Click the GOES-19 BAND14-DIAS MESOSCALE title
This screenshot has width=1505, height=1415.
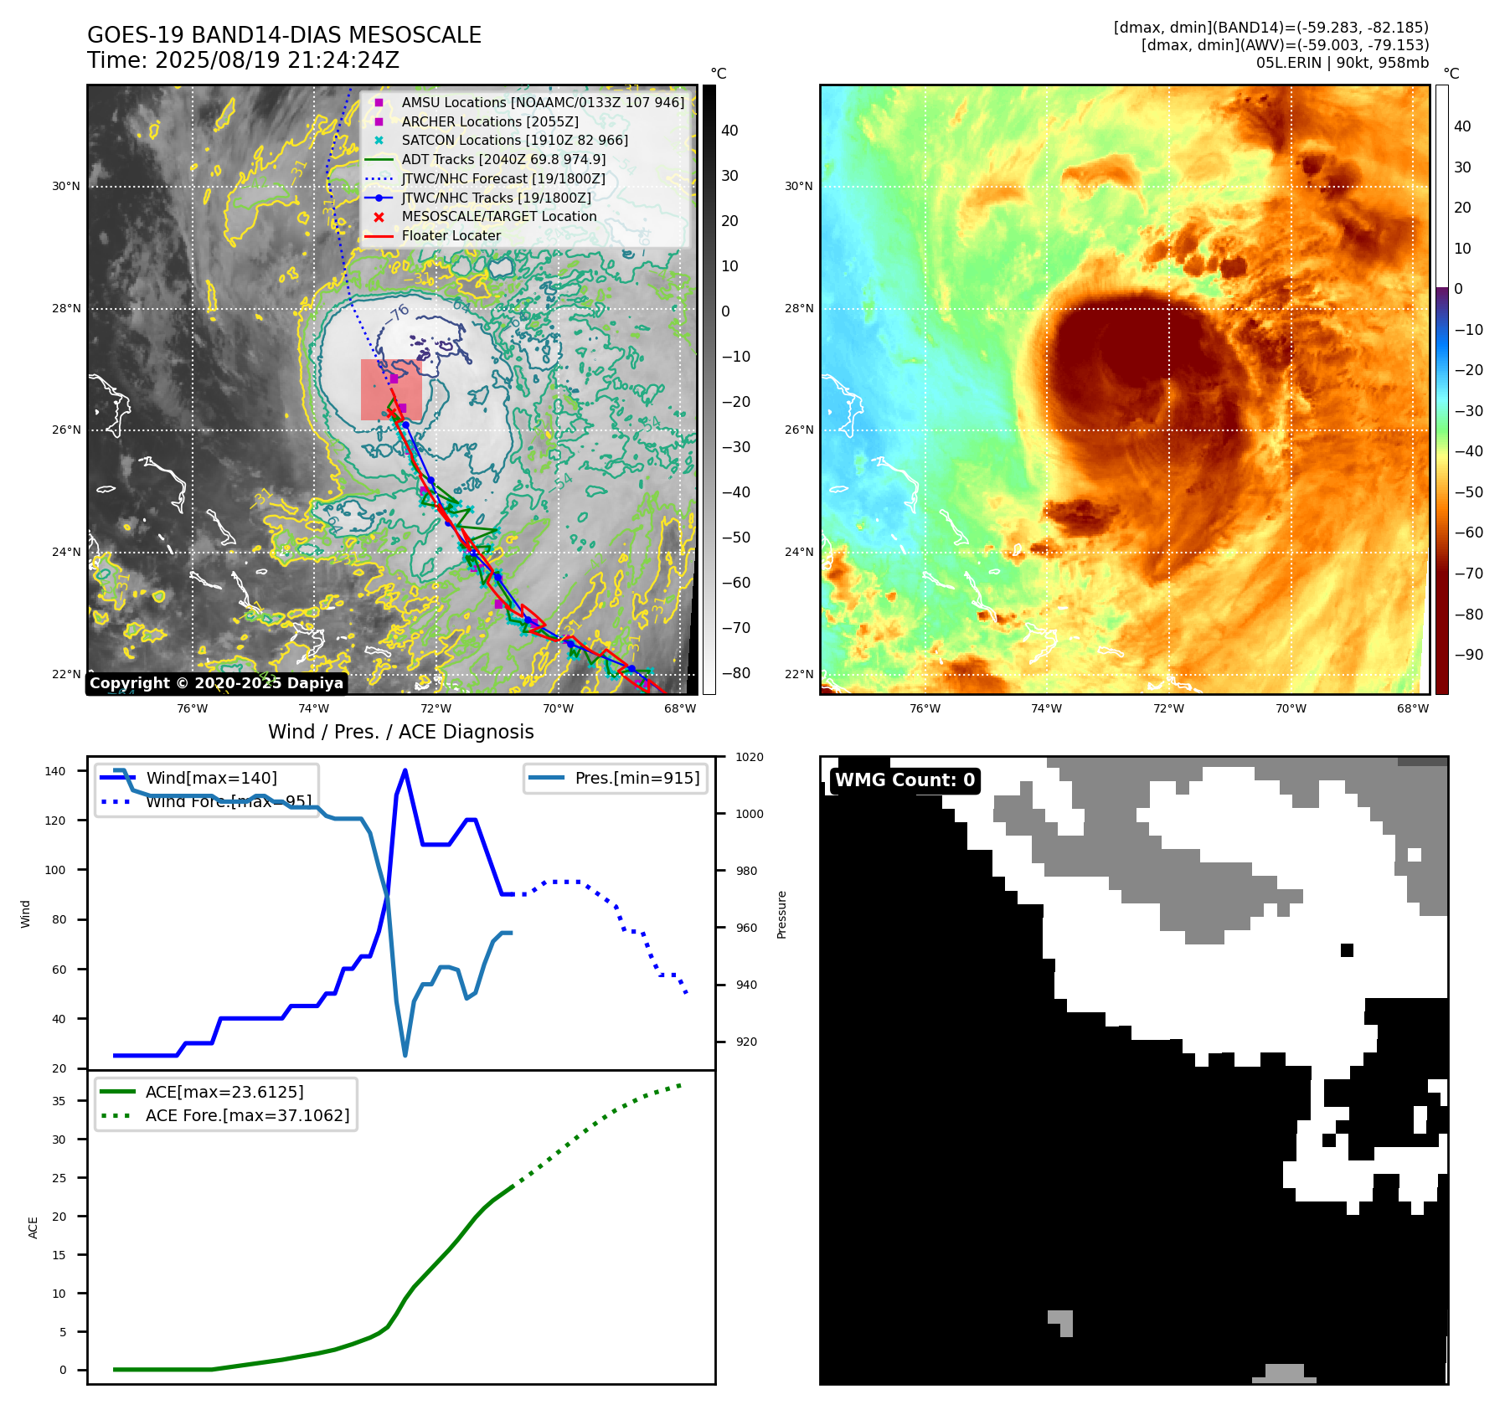[x=284, y=35]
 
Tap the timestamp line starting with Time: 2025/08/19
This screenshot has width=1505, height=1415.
[x=243, y=60]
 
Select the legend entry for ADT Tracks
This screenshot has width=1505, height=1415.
[x=503, y=159]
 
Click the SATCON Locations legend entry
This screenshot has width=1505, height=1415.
[x=514, y=140]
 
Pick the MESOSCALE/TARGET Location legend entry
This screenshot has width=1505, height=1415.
[x=499, y=216]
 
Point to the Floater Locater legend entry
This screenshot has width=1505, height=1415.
[x=451, y=235]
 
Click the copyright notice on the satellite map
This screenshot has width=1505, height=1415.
[x=216, y=683]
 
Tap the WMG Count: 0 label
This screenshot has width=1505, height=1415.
[x=905, y=780]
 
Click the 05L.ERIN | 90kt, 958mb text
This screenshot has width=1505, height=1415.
[x=1342, y=63]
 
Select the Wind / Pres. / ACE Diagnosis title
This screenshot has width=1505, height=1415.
[x=400, y=732]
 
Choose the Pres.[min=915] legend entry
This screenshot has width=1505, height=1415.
[x=637, y=778]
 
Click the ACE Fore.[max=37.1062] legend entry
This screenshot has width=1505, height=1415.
[x=247, y=1115]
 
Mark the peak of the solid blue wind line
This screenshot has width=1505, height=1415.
[x=405, y=770]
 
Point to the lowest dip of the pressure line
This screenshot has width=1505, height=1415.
[x=405, y=1055]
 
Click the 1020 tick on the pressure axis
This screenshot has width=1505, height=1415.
[x=749, y=757]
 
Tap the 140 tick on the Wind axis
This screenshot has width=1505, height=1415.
[x=54, y=771]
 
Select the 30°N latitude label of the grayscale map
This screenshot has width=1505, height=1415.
[x=66, y=186]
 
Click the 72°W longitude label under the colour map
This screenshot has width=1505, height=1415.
[x=1168, y=708]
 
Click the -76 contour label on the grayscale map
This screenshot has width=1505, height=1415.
[x=398, y=315]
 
